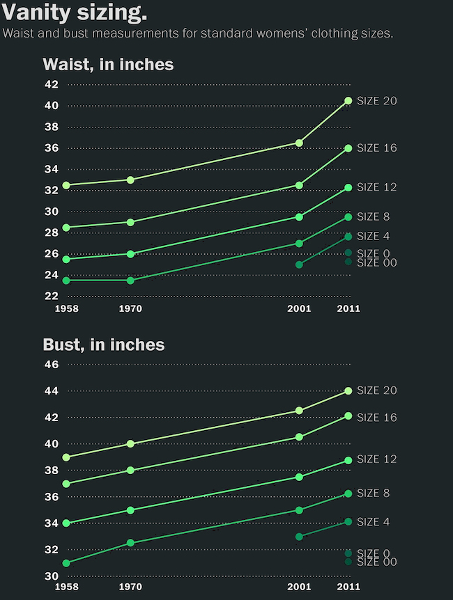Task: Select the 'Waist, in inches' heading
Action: (108, 65)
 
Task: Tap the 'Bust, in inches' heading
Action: (104, 345)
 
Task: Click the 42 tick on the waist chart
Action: (51, 85)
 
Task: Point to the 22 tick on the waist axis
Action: (51, 296)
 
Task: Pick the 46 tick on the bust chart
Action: (51, 365)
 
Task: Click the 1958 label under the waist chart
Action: (66, 308)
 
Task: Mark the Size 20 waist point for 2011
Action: (348, 101)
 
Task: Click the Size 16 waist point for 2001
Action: (299, 185)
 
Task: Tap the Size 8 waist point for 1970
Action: (130, 281)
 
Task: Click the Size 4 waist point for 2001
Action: (299, 265)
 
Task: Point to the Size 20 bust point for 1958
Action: (66, 457)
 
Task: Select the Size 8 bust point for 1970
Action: (130, 543)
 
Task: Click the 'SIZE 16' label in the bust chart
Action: (376, 418)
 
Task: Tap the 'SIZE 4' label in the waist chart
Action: (373, 237)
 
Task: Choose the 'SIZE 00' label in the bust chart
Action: (376, 562)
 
